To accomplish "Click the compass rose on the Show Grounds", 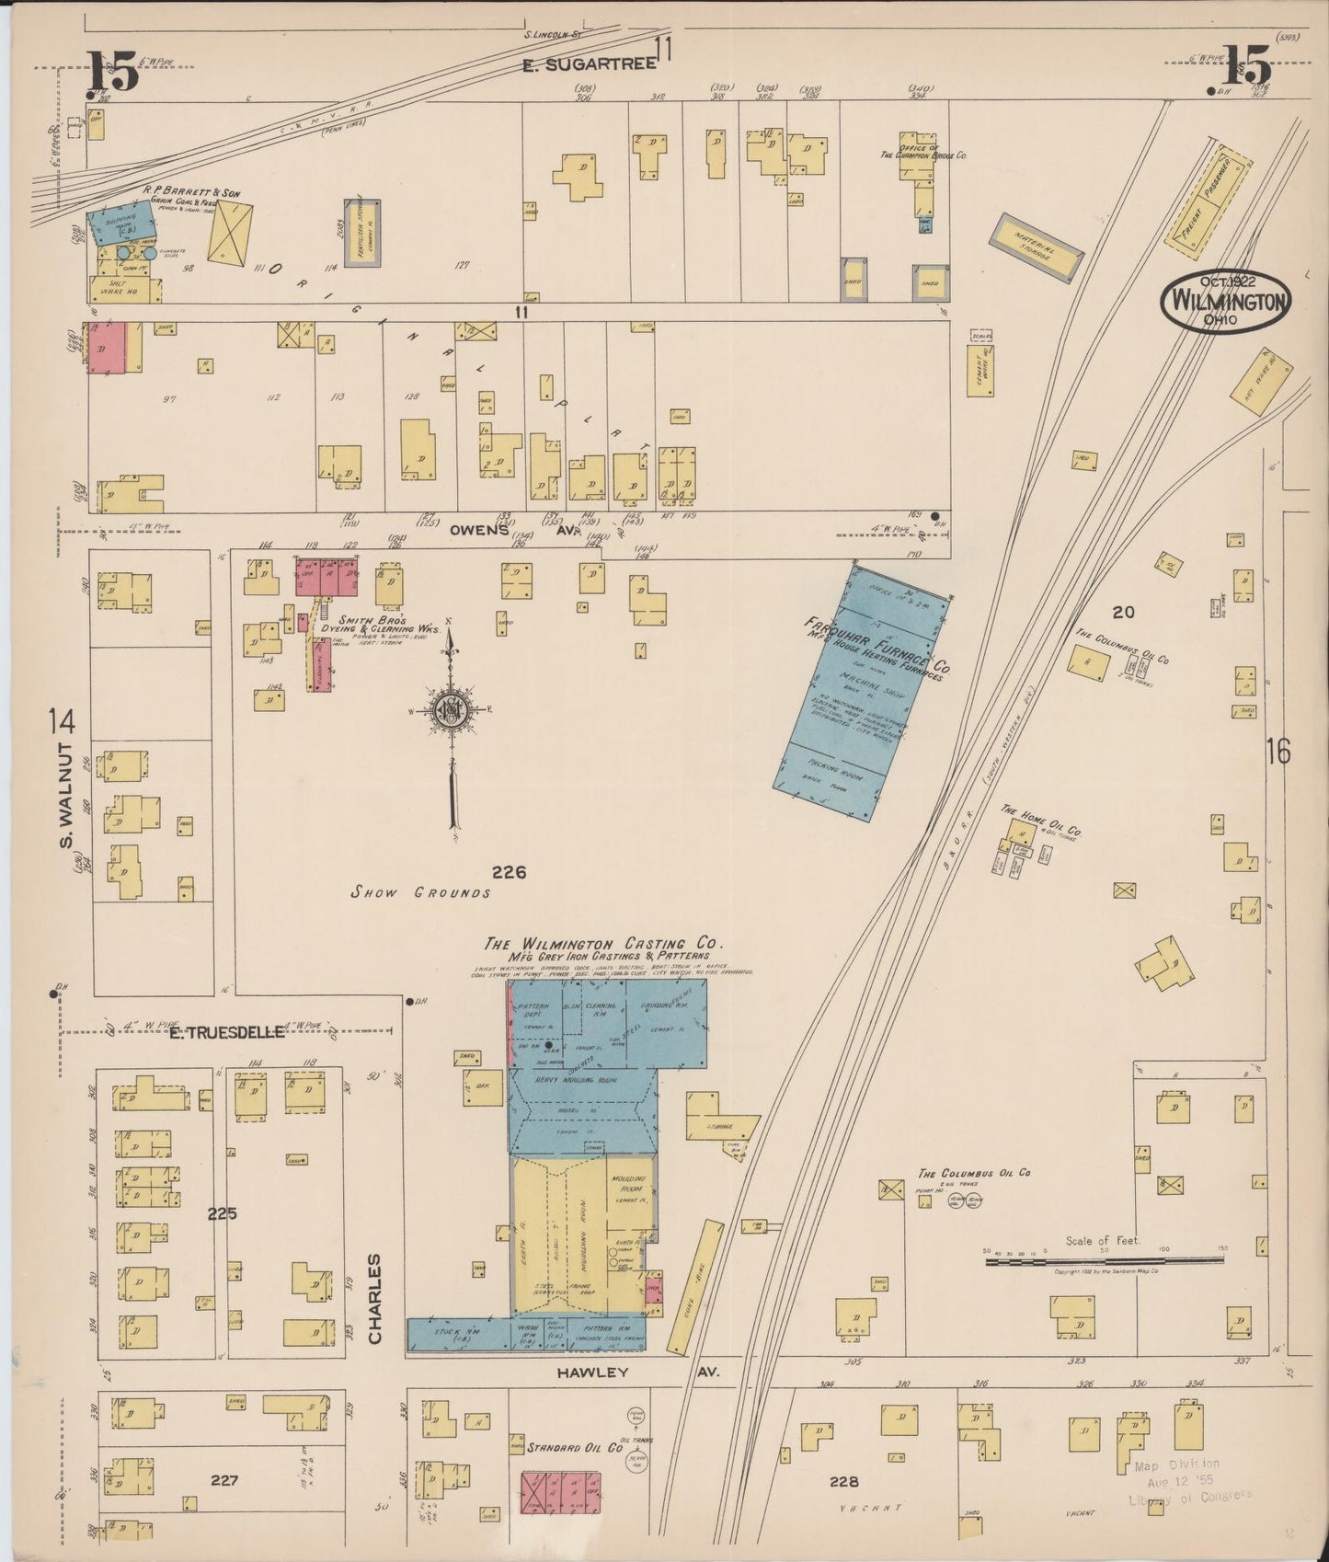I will tap(452, 709).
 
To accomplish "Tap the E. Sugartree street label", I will tap(589, 63).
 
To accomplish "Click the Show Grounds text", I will tap(423, 892).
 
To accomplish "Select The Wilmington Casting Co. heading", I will tap(604, 944).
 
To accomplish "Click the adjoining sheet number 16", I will tap(1278, 752).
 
